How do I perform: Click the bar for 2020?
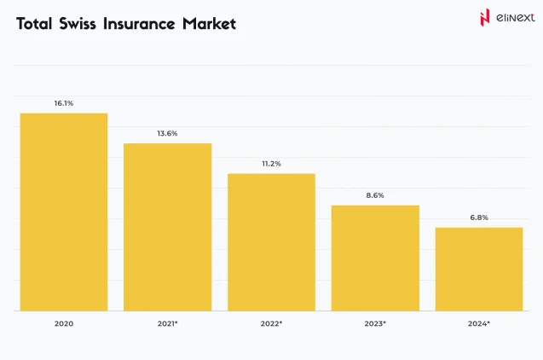pos(64,212)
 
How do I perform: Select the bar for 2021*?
pos(167,226)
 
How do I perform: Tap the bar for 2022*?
pos(271,241)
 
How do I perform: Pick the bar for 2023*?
pos(375,258)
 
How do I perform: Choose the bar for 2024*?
pos(479,269)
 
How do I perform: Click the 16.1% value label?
pos(64,103)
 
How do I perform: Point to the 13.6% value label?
pos(167,133)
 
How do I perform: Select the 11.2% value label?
pos(271,163)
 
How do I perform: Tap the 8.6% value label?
pos(375,195)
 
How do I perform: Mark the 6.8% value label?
pos(479,218)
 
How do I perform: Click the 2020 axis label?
pos(64,324)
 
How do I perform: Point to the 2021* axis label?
pos(167,324)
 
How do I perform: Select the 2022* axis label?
pos(271,324)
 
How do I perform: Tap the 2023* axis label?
pos(375,324)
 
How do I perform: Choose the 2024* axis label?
pos(479,324)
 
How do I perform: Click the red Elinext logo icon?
pos(484,17)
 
